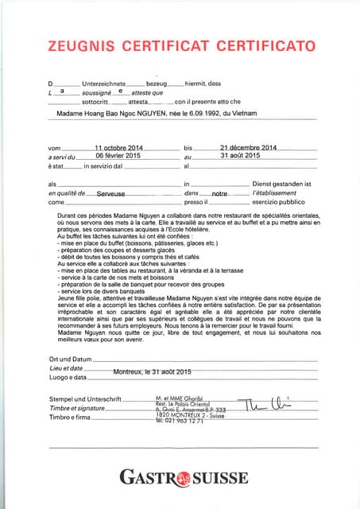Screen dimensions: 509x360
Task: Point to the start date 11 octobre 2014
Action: coord(118,148)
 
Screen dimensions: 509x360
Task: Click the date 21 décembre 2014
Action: coord(247,148)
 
